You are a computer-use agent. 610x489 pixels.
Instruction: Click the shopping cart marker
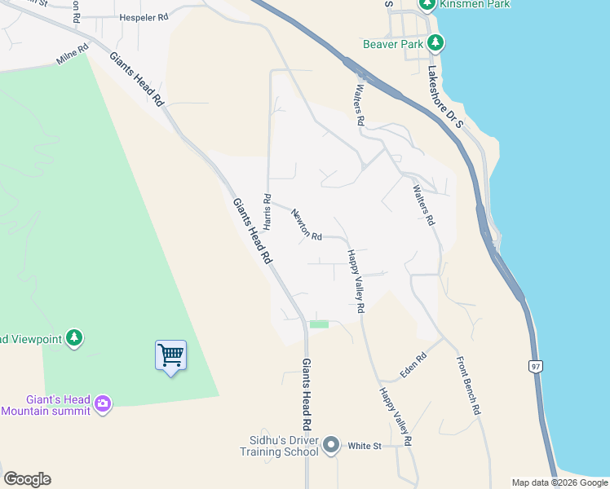tap(170, 356)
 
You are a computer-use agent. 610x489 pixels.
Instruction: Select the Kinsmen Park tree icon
tap(426, 4)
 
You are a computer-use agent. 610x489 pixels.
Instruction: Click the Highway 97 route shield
tap(535, 366)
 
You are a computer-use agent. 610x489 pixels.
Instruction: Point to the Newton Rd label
tap(306, 224)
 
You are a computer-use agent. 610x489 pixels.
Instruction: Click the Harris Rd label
tap(267, 210)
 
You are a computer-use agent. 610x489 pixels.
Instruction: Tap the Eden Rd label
tap(413, 366)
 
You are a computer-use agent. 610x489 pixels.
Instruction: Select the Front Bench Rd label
tap(467, 387)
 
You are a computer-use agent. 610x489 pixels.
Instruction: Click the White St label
tap(365, 446)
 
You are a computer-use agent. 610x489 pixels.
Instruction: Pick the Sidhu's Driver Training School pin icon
tap(330, 445)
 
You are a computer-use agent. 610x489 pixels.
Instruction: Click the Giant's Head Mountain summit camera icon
tap(102, 403)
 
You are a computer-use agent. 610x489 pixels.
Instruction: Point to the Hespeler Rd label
tap(143, 16)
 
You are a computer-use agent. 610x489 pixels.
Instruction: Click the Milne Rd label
tap(71, 60)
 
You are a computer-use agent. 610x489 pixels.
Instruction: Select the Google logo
tap(27, 479)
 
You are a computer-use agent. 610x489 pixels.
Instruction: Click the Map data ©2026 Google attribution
tap(559, 482)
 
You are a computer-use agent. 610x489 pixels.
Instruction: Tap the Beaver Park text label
tap(394, 43)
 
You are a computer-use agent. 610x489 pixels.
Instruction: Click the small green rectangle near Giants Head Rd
tap(319, 324)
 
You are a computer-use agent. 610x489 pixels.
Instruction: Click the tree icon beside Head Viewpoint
tap(74, 337)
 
